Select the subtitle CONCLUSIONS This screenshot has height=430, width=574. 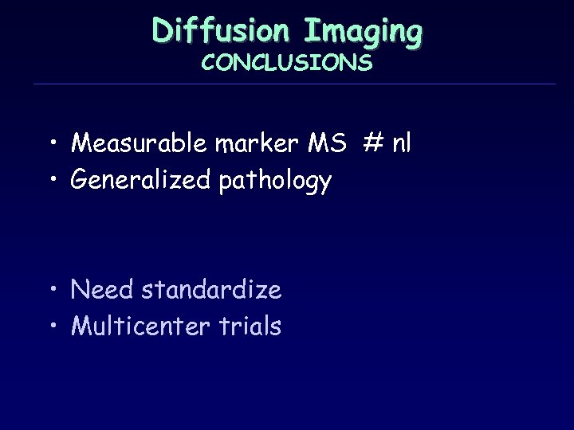point(287,62)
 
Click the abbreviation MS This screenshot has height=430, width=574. point(327,143)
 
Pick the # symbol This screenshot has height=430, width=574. point(372,143)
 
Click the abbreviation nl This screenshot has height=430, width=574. point(402,143)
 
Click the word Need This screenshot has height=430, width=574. point(102,290)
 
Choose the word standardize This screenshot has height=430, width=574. point(211,290)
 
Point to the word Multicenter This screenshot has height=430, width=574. point(140,326)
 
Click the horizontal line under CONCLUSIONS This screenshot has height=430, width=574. point(295,84)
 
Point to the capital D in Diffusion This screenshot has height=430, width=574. point(163,31)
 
